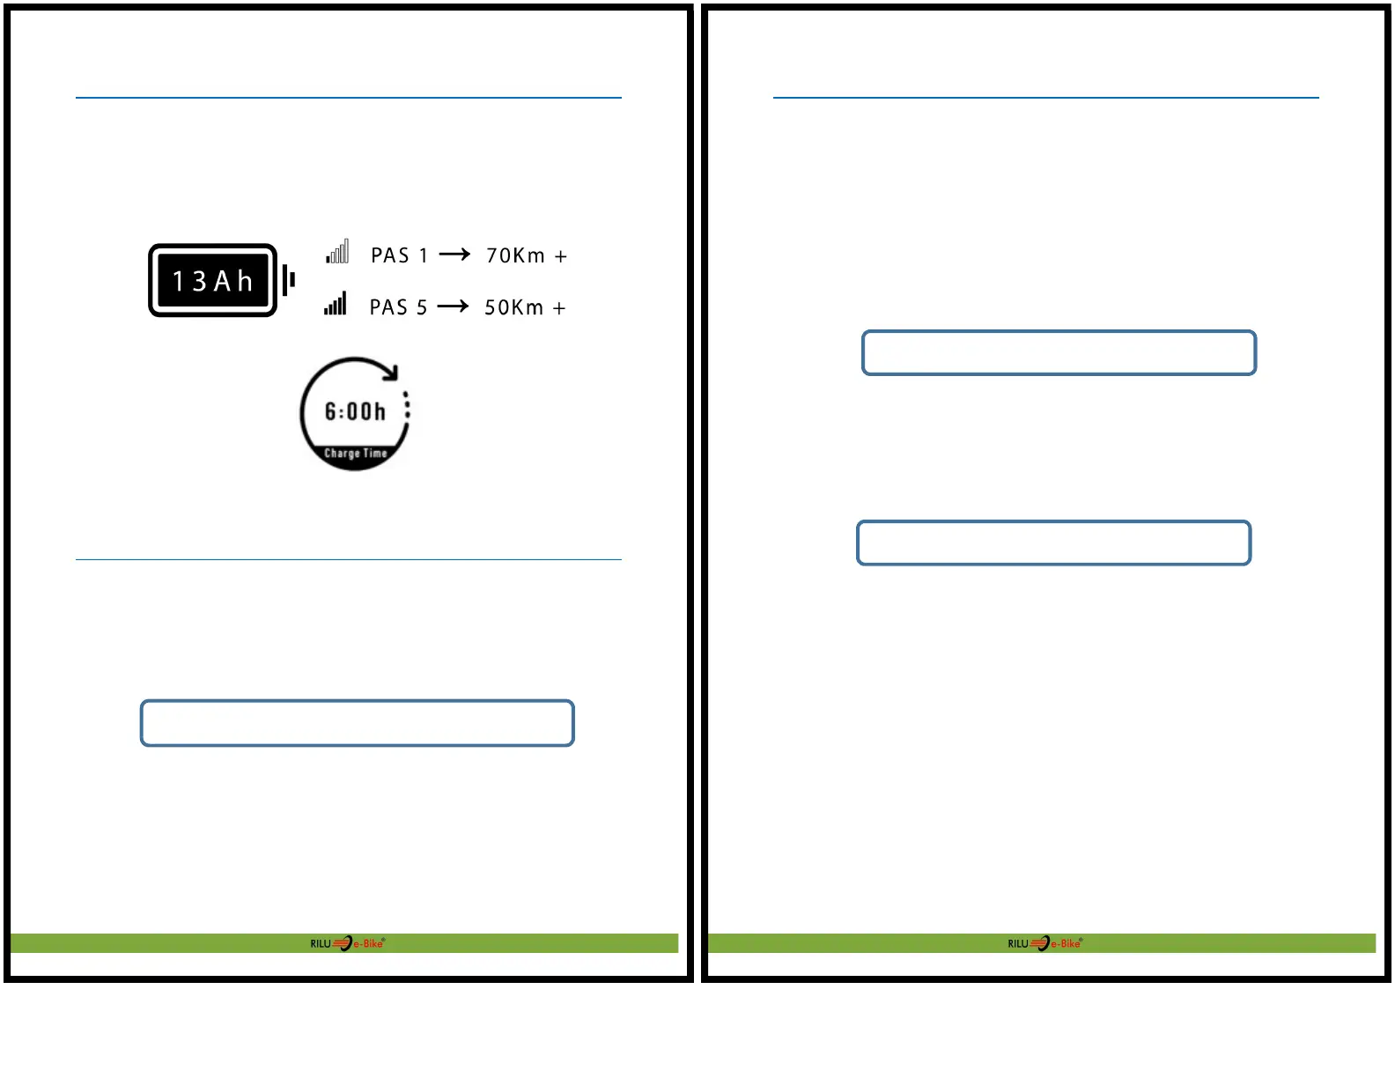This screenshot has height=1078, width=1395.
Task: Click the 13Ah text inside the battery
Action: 212,281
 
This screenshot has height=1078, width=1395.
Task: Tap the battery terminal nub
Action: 288,281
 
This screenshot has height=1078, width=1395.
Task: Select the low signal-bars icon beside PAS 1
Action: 337,252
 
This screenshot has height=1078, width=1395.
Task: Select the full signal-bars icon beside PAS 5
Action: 336,304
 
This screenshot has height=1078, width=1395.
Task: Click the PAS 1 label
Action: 399,255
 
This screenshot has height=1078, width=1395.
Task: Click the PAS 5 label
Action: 398,307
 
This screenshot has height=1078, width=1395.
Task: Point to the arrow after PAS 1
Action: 454,255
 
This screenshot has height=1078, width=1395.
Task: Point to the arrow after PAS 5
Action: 453,306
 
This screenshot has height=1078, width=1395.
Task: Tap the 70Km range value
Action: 516,255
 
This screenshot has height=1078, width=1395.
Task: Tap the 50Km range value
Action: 514,307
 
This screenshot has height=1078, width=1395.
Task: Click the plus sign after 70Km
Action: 561,256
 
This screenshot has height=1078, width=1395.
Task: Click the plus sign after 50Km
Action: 559,308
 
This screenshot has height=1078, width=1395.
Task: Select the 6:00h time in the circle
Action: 355,411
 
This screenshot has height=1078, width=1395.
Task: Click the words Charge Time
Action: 355,454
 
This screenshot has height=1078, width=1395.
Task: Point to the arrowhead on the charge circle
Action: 391,373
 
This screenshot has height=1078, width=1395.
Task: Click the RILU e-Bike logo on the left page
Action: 347,943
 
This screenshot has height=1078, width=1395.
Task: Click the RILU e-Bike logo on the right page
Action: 1044,943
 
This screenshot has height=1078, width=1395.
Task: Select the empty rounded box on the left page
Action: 358,723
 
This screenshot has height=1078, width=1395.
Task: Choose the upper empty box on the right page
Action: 1059,353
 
